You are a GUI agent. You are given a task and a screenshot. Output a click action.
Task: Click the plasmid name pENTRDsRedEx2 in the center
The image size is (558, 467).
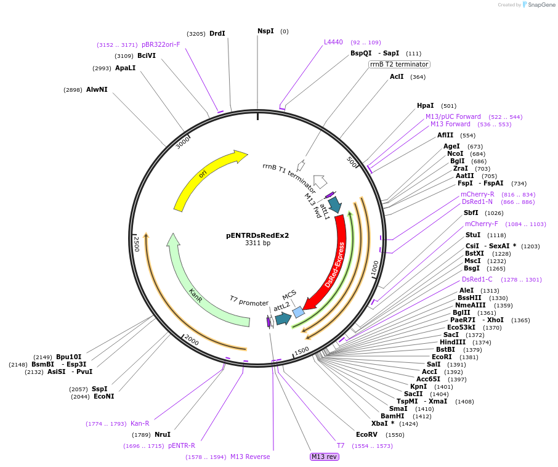click(257, 235)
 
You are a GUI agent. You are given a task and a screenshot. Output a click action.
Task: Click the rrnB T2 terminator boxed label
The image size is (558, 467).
click(399, 64)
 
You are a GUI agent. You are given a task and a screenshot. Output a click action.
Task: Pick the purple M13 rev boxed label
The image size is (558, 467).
click(325, 457)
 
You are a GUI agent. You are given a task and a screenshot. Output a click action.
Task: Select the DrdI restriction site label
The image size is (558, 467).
click(217, 33)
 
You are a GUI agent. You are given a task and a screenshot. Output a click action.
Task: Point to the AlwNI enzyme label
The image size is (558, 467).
click(97, 89)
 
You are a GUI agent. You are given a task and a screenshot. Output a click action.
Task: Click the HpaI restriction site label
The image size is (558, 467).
click(425, 105)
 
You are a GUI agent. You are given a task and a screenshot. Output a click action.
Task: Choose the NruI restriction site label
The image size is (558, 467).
click(163, 434)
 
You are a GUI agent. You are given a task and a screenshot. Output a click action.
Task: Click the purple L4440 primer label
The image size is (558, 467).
click(333, 42)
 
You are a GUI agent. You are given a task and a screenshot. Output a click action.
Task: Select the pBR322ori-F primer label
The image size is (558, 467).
click(161, 44)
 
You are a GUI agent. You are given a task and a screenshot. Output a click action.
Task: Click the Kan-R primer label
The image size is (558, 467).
click(140, 423)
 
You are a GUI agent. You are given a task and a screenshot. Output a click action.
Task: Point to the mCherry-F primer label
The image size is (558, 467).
click(482, 224)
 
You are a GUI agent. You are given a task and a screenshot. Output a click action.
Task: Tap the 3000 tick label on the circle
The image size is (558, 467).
click(183, 142)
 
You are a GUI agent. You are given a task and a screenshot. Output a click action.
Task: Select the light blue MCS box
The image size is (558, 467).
click(298, 312)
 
